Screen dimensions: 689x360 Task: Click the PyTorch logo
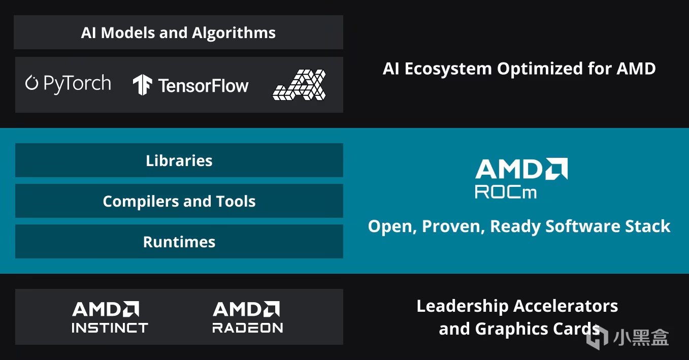(68, 83)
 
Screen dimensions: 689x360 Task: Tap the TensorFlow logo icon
(142, 85)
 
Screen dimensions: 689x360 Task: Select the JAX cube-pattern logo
(299, 85)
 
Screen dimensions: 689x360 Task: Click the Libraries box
(179, 160)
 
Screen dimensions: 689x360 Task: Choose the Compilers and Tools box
(179, 201)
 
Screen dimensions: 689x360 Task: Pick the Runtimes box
(179, 242)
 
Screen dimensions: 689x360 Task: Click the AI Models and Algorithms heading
(178, 33)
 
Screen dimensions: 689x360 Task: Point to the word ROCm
(506, 192)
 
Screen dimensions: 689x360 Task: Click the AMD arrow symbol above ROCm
(557, 169)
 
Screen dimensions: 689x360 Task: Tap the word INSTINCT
(110, 328)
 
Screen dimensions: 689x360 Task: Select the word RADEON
(248, 328)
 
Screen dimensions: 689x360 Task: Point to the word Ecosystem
(448, 69)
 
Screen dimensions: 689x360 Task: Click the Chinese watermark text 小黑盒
(641, 337)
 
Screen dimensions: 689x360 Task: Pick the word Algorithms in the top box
(234, 33)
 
